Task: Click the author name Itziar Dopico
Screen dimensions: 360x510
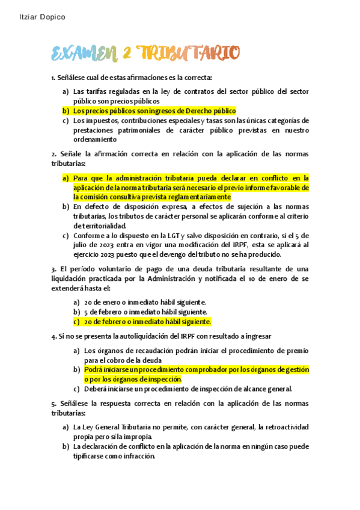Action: pyautogui.click(x=39, y=17)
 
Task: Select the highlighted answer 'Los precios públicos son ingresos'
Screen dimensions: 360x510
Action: pyautogui.click(x=154, y=111)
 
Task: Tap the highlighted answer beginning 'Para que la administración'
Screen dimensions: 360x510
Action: pyautogui.click(x=191, y=187)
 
